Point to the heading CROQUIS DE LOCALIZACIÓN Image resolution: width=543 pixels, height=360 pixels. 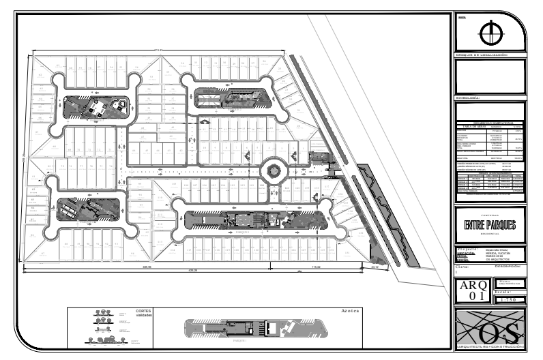click(482, 55)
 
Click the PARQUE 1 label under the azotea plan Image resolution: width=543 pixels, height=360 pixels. click(238, 340)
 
